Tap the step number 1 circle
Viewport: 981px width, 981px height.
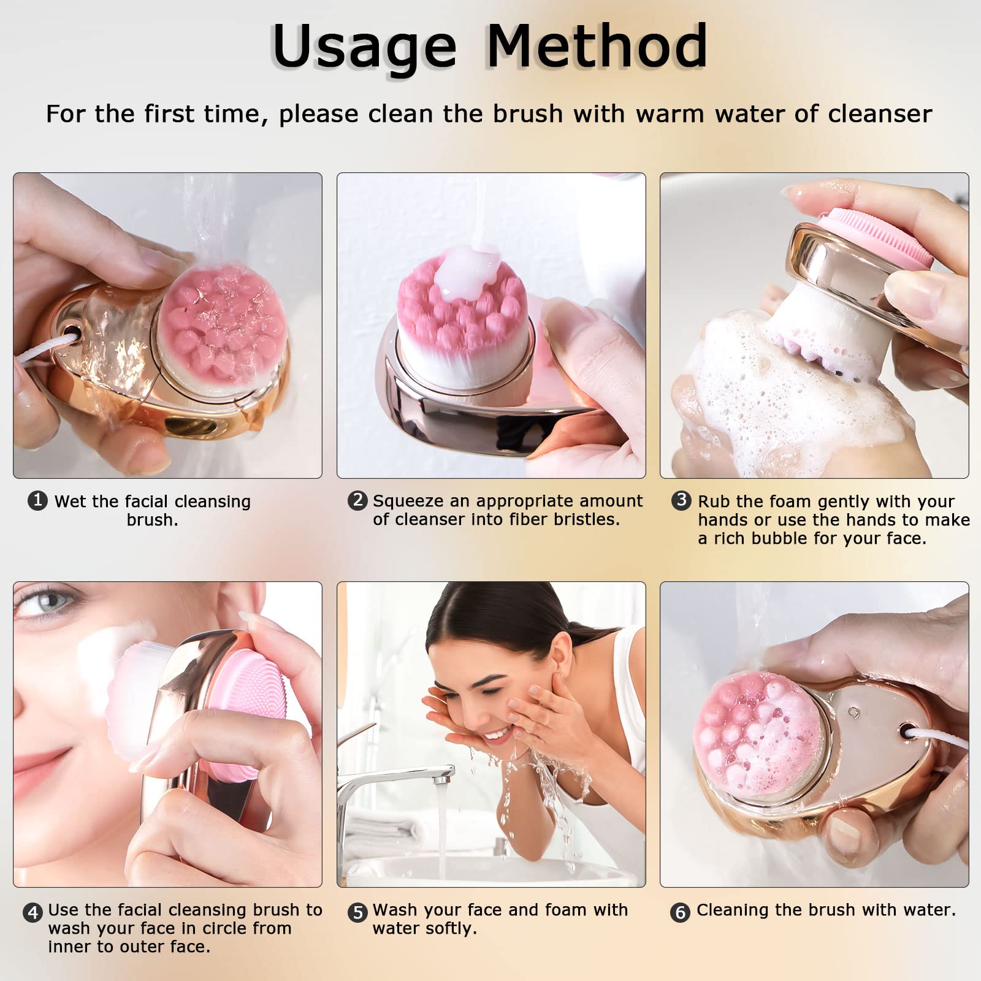coord(37,500)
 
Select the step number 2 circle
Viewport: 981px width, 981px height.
coord(357,500)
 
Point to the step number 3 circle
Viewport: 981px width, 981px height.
coord(681,500)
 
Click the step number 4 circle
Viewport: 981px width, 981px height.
coord(32,912)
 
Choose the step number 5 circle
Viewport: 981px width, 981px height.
coord(357,912)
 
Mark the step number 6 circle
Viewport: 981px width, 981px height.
coord(680,912)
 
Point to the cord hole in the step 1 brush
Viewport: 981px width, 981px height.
coord(71,335)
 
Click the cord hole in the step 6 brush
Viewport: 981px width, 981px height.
coord(907,731)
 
